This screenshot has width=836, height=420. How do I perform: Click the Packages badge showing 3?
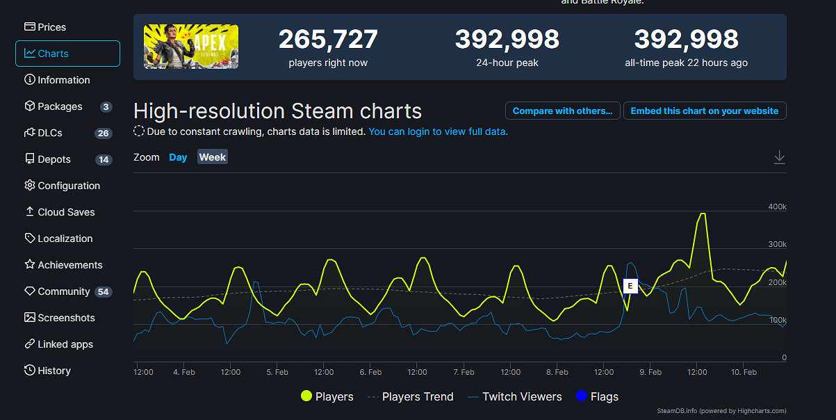point(106,107)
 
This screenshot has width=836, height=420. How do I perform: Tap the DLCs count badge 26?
point(104,134)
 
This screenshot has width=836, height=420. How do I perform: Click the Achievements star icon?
point(30,265)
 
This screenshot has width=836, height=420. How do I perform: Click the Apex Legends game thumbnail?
point(191,47)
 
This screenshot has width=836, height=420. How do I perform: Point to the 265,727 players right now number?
point(328,40)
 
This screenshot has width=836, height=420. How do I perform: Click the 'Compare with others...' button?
point(562,111)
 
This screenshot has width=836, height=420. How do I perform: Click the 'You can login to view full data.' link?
point(438,131)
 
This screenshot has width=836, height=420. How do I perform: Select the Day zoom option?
point(178,157)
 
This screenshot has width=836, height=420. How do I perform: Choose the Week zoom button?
point(212,157)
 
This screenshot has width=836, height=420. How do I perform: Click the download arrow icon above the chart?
point(780,157)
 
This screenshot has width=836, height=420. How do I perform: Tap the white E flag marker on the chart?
point(630,286)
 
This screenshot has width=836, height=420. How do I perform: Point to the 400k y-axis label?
point(777,207)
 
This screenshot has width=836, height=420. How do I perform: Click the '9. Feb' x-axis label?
point(650,373)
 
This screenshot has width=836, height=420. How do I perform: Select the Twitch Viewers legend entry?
point(514,397)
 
